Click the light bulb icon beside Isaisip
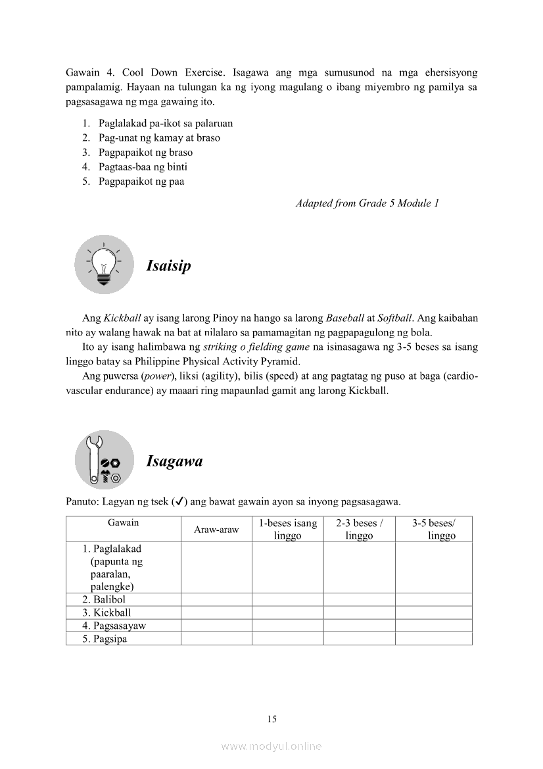point(104,264)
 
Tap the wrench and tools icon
point(104,460)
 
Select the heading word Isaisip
point(168,266)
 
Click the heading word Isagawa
point(174,461)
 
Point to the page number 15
point(271,719)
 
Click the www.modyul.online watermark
point(271,746)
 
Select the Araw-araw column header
point(216,530)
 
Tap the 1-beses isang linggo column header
point(287,530)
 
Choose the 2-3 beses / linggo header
point(359,530)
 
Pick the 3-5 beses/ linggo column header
point(434,530)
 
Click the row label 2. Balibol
point(104,600)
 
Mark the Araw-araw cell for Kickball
point(216,612)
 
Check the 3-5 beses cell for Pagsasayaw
point(434,626)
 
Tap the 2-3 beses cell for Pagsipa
point(359,639)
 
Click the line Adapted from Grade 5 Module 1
point(367,203)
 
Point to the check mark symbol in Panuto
point(176,502)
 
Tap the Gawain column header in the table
point(124,523)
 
